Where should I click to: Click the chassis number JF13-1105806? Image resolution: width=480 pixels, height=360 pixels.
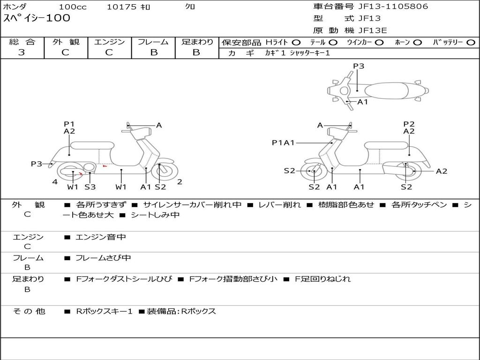point(393,7)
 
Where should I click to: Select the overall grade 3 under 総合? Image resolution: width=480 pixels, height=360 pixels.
point(22,52)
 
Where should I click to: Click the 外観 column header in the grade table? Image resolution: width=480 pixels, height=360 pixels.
point(66,42)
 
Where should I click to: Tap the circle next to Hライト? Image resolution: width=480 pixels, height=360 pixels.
point(296,43)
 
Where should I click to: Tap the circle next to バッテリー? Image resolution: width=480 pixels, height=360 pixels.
point(471,43)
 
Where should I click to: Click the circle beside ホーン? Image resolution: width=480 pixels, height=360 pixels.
point(417,43)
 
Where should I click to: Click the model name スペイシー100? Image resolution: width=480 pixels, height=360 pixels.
point(37,18)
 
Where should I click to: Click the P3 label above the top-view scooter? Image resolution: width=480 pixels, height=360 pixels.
point(359,66)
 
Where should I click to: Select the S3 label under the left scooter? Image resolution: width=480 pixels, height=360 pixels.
point(90,187)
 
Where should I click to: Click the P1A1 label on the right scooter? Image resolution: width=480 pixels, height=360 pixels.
point(283,142)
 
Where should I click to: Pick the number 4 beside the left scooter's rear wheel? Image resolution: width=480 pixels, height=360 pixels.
point(55,182)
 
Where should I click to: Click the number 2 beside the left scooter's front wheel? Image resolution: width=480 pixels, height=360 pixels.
point(180,182)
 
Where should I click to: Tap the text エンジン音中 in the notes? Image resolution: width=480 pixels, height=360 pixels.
point(100,237)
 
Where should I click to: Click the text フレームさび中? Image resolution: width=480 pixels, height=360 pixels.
point(103,258)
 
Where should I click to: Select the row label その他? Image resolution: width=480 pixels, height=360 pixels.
point(29,311)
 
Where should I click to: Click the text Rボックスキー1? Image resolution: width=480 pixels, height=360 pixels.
point(104,312)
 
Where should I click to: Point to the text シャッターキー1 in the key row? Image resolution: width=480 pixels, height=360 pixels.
point(310,53)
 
